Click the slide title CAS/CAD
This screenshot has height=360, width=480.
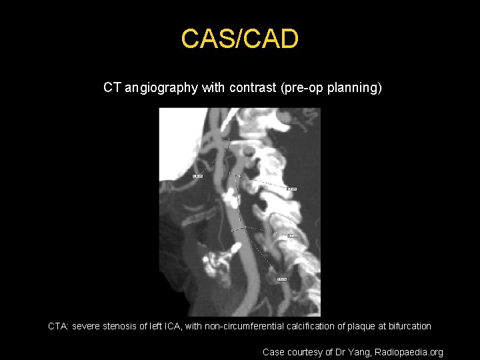pos(239,39)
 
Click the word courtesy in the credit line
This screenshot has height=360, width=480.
pos(306,352)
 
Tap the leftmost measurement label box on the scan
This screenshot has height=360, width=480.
pos(197,176)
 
